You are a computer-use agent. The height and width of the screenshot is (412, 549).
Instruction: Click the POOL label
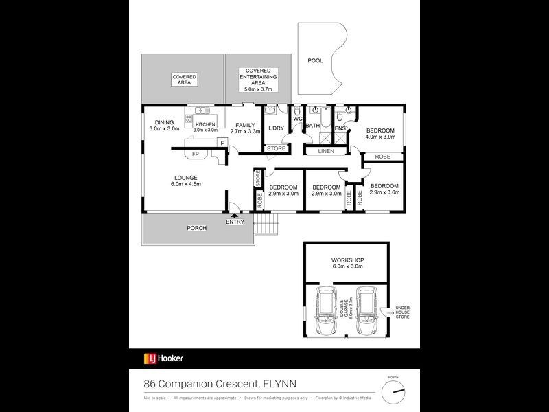click(315, 61)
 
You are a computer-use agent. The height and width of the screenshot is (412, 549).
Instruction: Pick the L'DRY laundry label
click(276, 128)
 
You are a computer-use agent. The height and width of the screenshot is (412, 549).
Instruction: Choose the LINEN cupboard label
click(326, 151)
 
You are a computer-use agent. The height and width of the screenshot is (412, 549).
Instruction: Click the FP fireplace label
click(196, 154)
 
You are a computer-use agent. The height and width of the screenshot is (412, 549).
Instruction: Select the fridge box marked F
click(222, 142)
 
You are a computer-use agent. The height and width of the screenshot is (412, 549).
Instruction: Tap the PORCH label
click(197, 229)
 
